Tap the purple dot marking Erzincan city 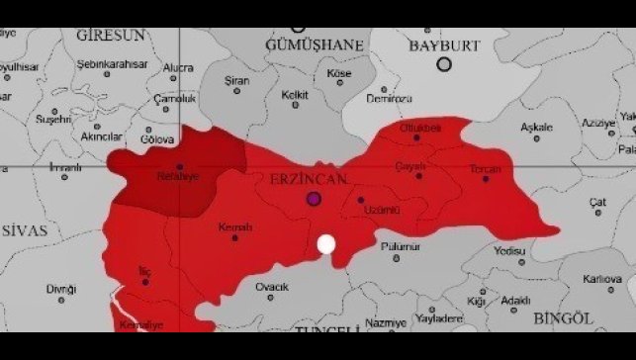pyautogui.click(x=315, y=199)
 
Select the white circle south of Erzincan pyautogui.click(x=326, y=244)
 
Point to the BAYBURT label pyautogui.click(x=444, y=45)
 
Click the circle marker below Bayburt pyautogui.click(x=444, y=64)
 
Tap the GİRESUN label pyautogui.click(x=111, y=35)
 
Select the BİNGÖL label pyautogui.click(x=562, y=317)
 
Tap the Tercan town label pyautogui.click(x=486, y=169)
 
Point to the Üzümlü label pyautogui.click(x=381, y=211)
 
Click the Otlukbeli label pyautogui.click(x=420, y=129)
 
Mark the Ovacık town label pyautogui.click(x=271, y=287)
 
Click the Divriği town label pyautogui.click(x=60, y=289)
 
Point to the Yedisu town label pyautogui.click(x=508, y=251)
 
